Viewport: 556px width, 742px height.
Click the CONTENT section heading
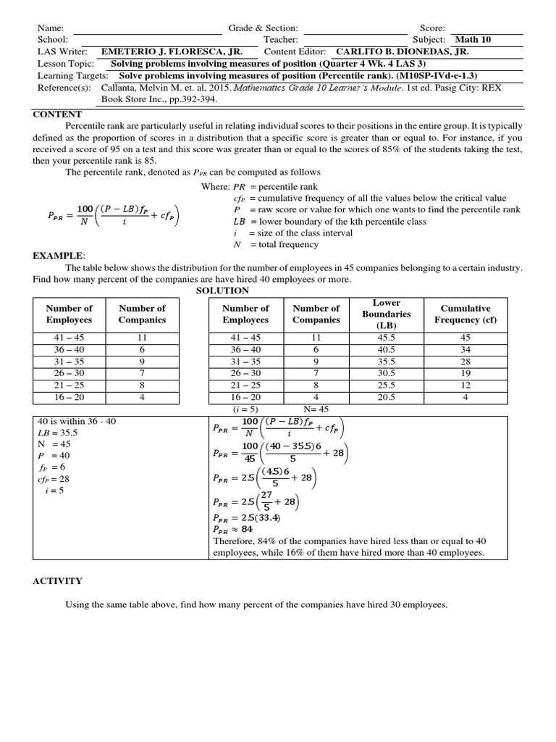[58, 114]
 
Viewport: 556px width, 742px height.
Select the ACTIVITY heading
[58, 580]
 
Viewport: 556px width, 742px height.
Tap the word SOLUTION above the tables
[222, 290]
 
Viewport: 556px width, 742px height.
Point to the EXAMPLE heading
[59, 256]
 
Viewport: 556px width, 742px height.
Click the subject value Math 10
[472, 40]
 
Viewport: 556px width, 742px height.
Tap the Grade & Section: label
[264, 28]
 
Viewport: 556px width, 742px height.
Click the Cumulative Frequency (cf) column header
[466, 314]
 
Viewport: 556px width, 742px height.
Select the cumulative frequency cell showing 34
[466, 349]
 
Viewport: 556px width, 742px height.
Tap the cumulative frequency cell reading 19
[466, 373]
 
